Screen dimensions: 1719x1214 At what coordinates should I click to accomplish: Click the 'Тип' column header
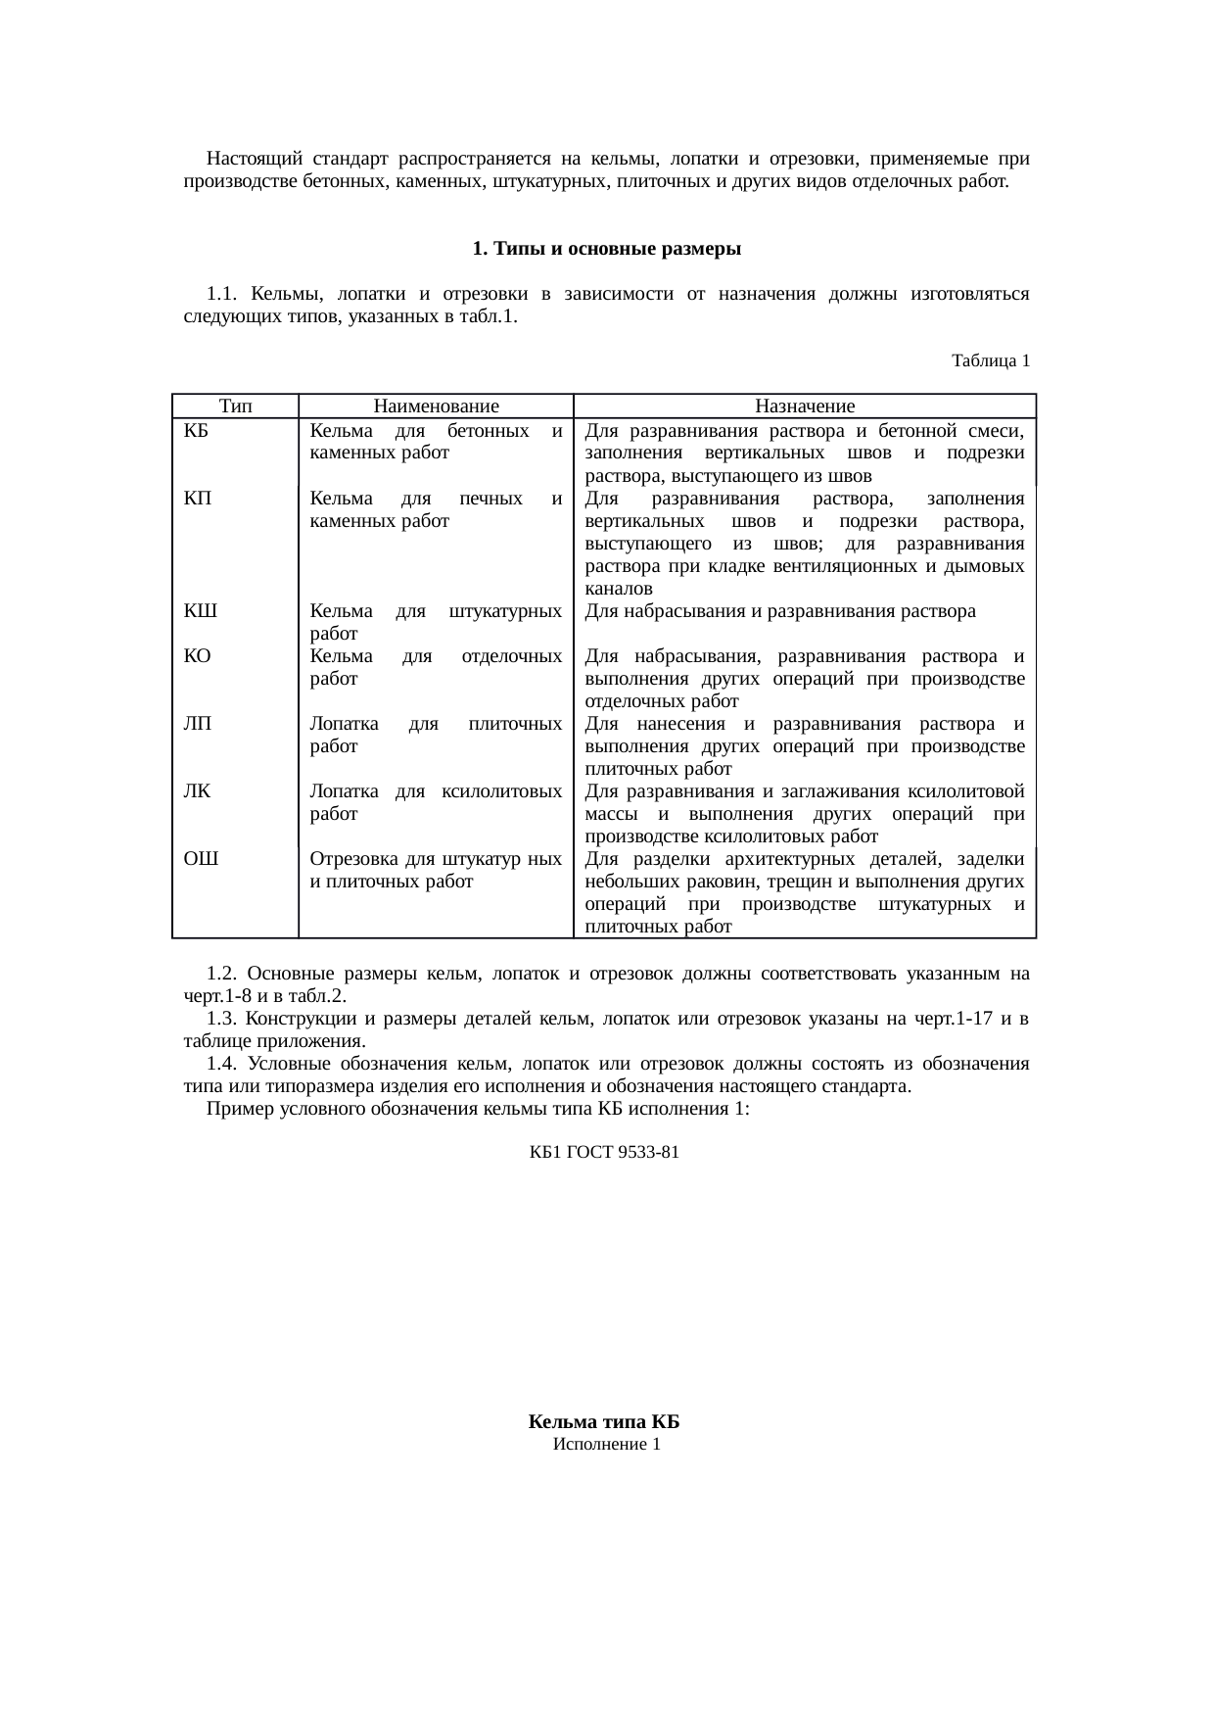(x=235, y=406)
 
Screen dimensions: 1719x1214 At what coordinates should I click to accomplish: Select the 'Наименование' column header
(x=436, y=406)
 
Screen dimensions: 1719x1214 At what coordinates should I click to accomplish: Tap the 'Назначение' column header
(x=805, y=406)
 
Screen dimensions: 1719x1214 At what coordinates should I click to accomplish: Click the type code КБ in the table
(x=195, y=431)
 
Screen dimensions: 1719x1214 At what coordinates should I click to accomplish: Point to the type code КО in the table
(x=198, y=657)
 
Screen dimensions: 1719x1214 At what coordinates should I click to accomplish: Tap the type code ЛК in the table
(x=197, y=791)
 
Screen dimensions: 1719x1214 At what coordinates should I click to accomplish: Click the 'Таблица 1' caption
(x=990, y=361)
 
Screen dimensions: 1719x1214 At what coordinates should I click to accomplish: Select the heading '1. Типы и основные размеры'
(x=606, y=249)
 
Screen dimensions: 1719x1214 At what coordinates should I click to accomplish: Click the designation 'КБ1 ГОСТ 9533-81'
(x=604, y=1153)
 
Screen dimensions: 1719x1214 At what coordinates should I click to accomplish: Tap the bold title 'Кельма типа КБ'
(x=604, y=1422)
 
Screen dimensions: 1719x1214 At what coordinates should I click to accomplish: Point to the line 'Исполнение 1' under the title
(x=606, y=1445)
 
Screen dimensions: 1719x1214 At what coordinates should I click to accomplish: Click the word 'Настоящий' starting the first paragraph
(x=255, y=159)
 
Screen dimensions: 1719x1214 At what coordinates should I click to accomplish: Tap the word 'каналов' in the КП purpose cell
(x=619, y=590)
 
